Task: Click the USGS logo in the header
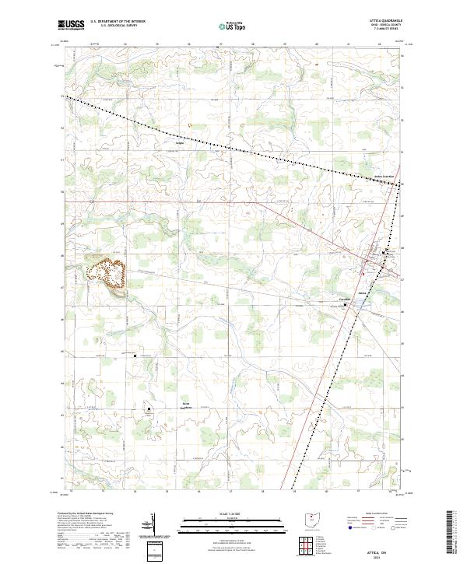(x=71, y=25)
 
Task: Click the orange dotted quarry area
(x=107, y=273)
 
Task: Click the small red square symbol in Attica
(x=367, y=272)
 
